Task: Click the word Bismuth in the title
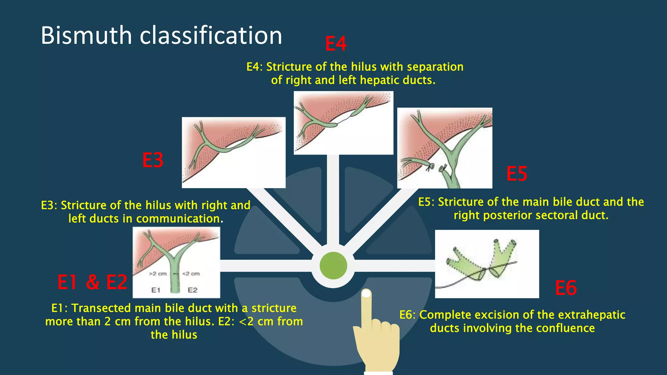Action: pos(86,35)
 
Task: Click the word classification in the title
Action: pos(211,35)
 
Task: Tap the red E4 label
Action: pos(336,44)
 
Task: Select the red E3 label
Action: pos(153,160)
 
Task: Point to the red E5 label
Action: pos(517,174)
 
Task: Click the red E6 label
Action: pos(566,288)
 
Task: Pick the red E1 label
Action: pos(67,282)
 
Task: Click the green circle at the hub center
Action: pos(333,266)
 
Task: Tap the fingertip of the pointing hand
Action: pos(366,294)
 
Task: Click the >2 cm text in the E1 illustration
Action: pos(158,274)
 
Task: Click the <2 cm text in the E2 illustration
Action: pos(191,274)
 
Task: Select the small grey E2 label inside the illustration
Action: pos(192,290)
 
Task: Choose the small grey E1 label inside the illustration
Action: pos(156,290)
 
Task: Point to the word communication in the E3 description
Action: pos(178,219)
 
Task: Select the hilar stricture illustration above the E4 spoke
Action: pos(343,123)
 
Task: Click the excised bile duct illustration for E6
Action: pos(487,264)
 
